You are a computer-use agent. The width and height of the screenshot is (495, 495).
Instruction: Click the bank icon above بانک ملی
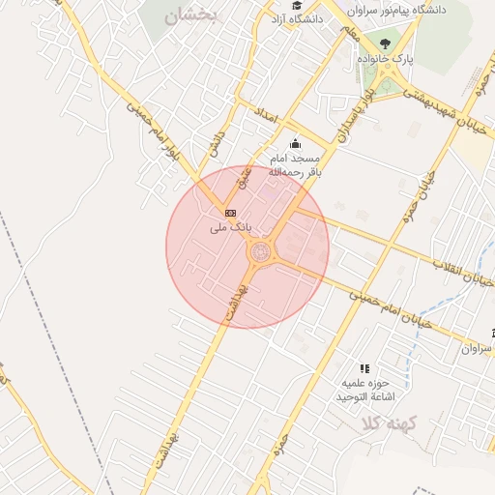(x=230, y=212)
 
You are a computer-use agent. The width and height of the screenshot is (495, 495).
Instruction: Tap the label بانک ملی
(x=230, y=227)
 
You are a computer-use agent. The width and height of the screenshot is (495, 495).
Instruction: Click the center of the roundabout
(x=260, y=253)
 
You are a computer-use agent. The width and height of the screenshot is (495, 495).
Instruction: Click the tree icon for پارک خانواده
(x=387, y=44)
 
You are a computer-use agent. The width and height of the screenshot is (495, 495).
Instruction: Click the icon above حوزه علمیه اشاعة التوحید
(x=364, y=368)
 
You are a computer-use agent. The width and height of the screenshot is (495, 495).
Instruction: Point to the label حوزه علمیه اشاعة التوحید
(x=361, y=390)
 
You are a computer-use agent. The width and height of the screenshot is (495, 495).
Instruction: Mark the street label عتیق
(x=246, y=176)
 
